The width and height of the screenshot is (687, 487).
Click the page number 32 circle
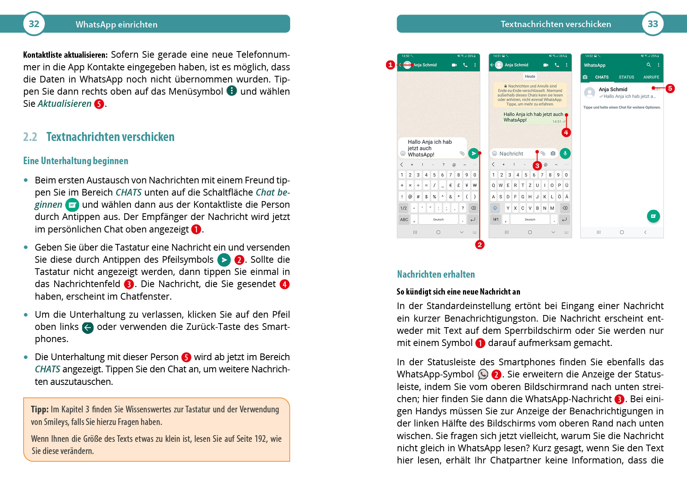coord(34,24)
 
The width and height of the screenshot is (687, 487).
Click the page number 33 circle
coord(653,24)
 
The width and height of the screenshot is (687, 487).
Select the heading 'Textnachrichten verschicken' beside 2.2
coord(110,137)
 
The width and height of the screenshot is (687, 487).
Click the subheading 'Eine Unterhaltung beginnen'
coord(76,161)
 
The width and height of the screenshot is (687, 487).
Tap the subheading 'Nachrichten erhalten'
coord(436,274)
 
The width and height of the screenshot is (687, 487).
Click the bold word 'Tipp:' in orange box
coord(40,409)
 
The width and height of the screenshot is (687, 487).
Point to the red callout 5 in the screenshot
coord(670,88)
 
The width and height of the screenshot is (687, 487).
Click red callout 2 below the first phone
coord(479,245)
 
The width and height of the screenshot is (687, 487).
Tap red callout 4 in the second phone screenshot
coord(566,132)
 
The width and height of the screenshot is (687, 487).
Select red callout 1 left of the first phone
coord(390,65)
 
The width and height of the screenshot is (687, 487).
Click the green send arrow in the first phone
coord(474,153)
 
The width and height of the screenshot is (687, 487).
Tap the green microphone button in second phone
coord(565,153)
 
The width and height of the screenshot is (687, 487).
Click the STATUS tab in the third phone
coord(626,77)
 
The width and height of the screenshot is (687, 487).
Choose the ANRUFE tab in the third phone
coord(651,77)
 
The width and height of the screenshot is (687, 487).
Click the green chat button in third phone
coord(653,216)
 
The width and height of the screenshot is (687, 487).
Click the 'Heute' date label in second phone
coord(530,77)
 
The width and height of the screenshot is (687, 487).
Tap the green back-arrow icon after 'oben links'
coord(88,328)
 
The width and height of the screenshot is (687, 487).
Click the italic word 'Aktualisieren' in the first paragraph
coord(64,104)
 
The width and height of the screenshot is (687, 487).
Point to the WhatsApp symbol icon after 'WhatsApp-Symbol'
coord(483,374)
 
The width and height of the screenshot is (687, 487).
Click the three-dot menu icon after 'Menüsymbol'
coord(232,91)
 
